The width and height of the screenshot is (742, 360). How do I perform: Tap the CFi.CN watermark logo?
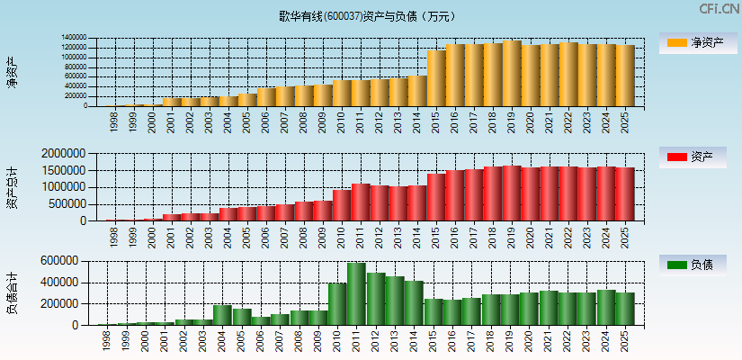click(x=719, y=9)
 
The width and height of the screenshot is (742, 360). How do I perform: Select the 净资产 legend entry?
click(x=697, y=43)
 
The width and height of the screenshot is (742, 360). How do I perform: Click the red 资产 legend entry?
click(x=697, y=157)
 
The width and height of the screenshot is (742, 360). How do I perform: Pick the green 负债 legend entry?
click(x=697, y=265)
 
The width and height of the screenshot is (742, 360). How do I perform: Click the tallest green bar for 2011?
click(x=356, y=293)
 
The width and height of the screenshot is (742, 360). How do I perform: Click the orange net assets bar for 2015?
click(x=436, y=78)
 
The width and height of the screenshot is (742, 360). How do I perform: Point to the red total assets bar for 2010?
click(x=342, y=205)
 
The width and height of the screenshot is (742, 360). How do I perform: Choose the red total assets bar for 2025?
click(x=625, y=193)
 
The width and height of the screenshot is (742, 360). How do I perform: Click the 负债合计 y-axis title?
click(x=12, y=292)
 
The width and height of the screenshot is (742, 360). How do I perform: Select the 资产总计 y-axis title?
click(x=12, y=187)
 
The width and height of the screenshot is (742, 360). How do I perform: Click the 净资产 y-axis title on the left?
click(x=12, y=72)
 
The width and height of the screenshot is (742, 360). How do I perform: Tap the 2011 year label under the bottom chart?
click(x=353, y=338)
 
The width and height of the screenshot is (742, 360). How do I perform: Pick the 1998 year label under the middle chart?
click(x=112, y=235)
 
